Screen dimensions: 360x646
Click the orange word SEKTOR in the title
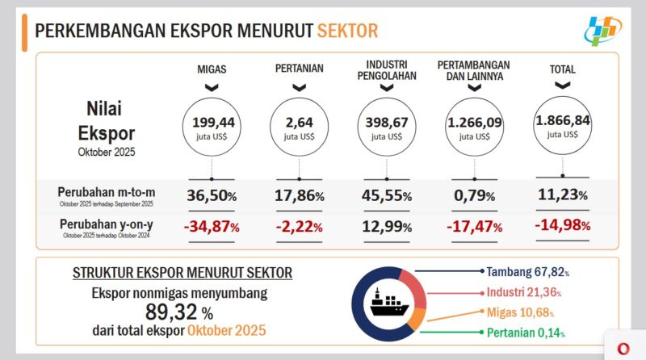pyautogui.click(x=347, y=31)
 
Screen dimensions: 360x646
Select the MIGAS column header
pyautogui.click(x=212, y=69)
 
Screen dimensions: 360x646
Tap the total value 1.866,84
pyautogui.click(x=563, y=125)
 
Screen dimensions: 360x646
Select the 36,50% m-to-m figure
pyautogui.click(x=212, y=195)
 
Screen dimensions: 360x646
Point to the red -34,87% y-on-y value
pyautogui.click(x=212, y=227)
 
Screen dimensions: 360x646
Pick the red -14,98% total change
pyautogui.click(x=563, y=224)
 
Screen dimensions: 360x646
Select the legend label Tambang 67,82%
pyautogui.click(x=529, y=271)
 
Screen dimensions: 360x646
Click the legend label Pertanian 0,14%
pyautogui.click(x=526, y=333)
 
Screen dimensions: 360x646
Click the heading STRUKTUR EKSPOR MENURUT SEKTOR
pyautogui.click(x=182, y=273)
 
